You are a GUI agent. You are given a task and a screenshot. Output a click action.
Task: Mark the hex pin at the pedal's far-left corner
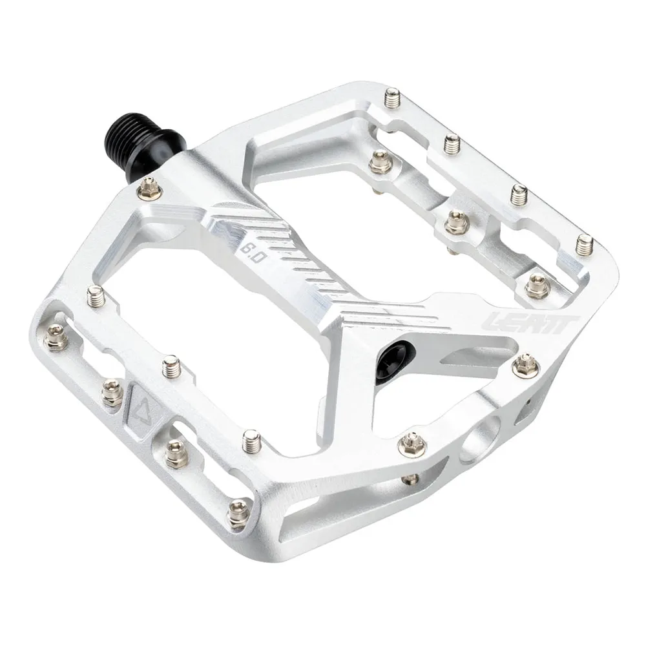(56, 338)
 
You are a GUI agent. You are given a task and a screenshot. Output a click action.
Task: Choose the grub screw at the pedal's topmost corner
(392, 100)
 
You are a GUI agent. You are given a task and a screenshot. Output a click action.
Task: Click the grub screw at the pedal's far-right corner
(585, 244)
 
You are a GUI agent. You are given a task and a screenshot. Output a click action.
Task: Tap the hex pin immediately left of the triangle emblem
(112, 392)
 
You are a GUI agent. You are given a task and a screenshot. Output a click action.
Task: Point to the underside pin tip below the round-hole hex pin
(410, 479)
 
